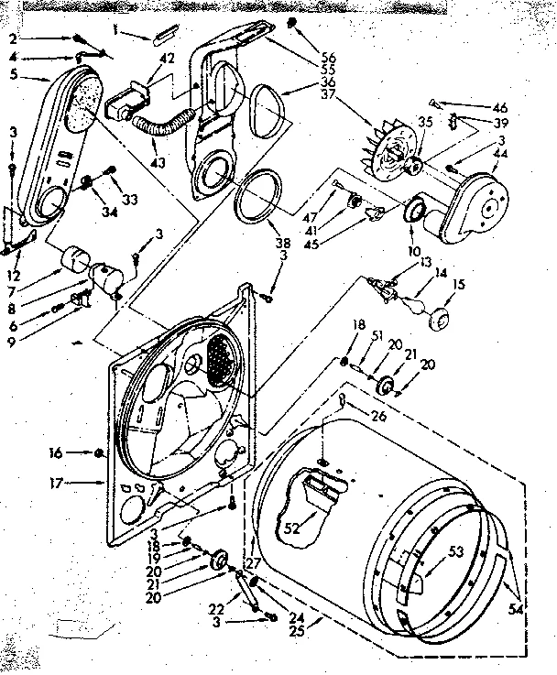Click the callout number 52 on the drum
(290, 528)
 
